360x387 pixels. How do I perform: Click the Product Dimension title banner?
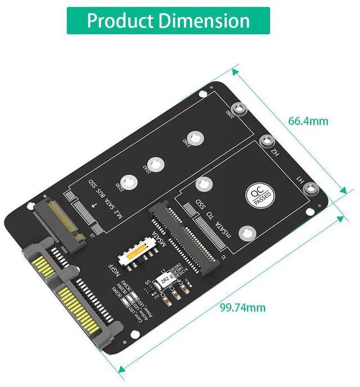(168, 21)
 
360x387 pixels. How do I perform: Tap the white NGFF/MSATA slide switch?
(136, 253)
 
